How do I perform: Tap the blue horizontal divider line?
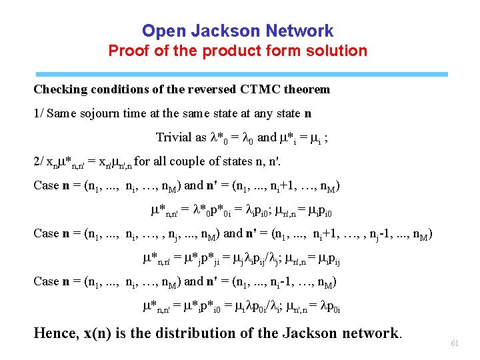[x=240, y=75]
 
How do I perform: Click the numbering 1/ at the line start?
[x=39, y=113]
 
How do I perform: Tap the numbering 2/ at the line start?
[x=39, y=161]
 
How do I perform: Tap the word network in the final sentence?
[x=371, y=333]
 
